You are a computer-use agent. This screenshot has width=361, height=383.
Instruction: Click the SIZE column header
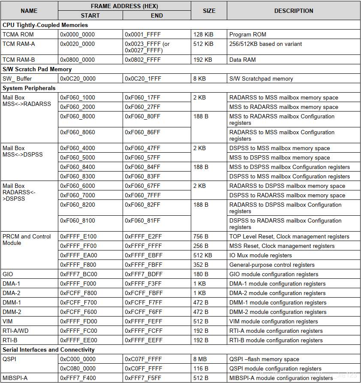(209, 11)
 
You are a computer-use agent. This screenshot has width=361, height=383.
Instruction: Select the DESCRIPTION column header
(294, 11)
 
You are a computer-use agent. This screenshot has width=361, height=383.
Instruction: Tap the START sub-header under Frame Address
(90, 15)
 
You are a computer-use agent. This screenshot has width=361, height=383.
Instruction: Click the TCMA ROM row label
(18, 34)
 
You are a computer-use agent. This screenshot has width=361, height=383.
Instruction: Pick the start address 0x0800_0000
(78, 60)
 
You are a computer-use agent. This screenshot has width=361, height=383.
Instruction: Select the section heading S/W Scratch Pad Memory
(37, 69)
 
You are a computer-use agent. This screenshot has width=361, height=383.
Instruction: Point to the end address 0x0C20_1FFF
(143, 78)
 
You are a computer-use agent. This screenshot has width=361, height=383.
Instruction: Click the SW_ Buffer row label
(17, 78)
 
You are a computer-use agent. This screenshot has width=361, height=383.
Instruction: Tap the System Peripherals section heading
(29, 88)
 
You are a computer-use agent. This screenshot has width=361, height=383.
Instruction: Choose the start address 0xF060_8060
(78, 132)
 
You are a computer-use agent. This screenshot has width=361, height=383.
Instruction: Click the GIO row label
(8, 274)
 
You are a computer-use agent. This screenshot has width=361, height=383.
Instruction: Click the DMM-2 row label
(12, 312)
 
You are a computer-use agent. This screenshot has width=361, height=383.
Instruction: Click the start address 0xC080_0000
(78, 368)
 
